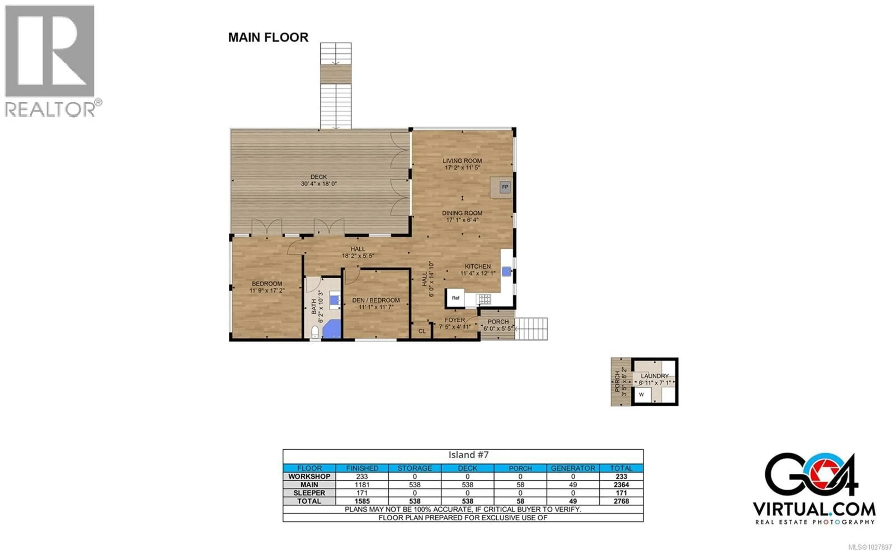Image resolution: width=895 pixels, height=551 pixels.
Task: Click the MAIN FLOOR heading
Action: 268,37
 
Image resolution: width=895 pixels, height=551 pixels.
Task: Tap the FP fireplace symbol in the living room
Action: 505,187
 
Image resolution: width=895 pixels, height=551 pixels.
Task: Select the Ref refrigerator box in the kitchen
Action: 455,298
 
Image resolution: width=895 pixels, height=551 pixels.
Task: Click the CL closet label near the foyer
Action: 422,331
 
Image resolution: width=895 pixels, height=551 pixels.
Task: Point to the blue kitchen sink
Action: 506,271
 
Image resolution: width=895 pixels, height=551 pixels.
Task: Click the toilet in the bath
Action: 315,332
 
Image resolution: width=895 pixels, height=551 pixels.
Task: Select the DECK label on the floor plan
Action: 319,177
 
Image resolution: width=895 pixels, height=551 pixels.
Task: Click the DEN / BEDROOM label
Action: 376,300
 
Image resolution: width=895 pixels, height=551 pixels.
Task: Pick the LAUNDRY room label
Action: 654,376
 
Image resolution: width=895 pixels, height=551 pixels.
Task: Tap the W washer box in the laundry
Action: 641,395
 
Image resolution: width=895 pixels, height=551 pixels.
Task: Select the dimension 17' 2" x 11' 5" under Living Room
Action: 462,168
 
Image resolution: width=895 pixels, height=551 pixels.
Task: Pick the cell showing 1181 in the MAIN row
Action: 362,485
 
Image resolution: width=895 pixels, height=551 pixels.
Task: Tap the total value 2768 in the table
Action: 621,501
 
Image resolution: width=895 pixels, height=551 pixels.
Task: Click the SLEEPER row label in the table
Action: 309,493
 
